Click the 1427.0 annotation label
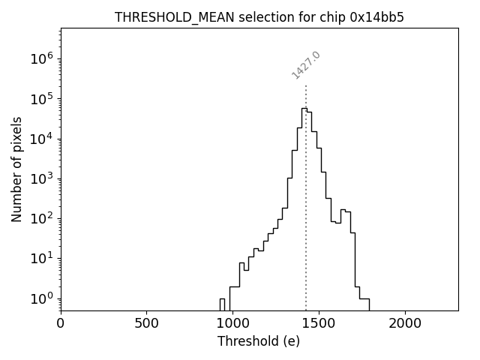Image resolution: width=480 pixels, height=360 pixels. click(306, 65)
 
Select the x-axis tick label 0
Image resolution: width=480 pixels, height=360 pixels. click(61, 324)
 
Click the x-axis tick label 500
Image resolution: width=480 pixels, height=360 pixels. click(146, 324)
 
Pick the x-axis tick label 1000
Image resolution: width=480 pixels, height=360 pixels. click(232, 324)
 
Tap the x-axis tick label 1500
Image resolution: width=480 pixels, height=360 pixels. click(319, 324)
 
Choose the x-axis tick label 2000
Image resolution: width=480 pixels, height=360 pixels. click(405, 324)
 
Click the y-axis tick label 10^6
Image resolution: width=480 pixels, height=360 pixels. click(41, 59)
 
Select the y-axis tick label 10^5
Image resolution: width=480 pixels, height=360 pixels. click(41, 99)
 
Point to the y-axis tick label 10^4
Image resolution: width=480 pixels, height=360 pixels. click(41, 139)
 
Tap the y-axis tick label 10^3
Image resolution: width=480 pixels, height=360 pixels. click(41, 178)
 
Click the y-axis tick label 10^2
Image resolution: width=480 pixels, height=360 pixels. click(41, 218)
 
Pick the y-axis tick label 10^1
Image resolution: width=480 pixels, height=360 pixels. click(41, 259)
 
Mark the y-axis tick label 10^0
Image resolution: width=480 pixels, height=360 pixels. click(41, 298)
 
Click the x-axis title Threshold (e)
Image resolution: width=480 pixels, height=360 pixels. click(259, 341)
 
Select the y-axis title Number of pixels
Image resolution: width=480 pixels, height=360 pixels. click(16, 169)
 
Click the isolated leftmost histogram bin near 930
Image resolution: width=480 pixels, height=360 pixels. click(222, 303)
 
